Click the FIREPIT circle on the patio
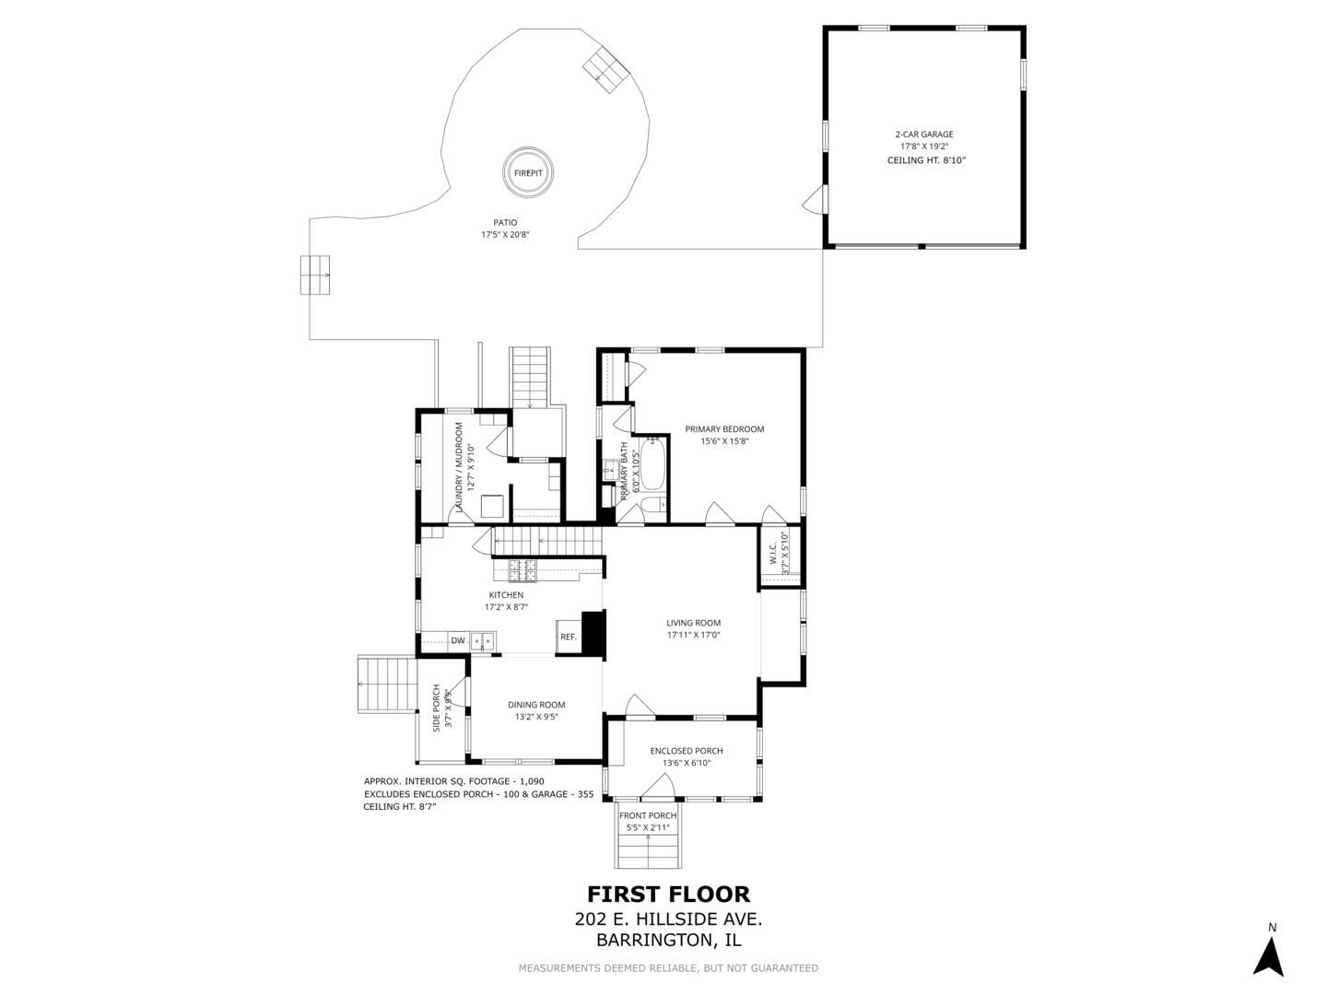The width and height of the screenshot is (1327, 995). (529, 172)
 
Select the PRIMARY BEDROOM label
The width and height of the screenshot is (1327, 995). (724, 429)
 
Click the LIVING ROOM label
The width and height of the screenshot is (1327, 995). (693, 623)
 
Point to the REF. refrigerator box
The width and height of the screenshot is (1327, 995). (569, 637)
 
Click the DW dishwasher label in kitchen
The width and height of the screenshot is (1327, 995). (457, 640)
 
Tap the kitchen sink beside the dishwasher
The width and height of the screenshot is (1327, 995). (483, 641)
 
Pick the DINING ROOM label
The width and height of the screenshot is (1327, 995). (536, 705)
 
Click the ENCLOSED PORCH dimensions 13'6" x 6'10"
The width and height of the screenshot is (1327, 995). (687, 763)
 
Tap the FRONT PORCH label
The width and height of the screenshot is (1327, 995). (648, 815)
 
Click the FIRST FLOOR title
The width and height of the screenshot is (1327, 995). (668, 894)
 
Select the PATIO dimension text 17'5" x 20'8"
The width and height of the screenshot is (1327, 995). (505, 235)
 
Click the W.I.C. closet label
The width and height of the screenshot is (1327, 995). (774, 555)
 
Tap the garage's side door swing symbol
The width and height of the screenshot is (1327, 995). (814, 200)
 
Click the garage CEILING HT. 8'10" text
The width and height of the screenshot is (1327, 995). (926, 160)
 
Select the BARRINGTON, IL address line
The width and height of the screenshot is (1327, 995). (668, 941)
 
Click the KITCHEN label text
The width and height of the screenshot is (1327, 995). (506, 595)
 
